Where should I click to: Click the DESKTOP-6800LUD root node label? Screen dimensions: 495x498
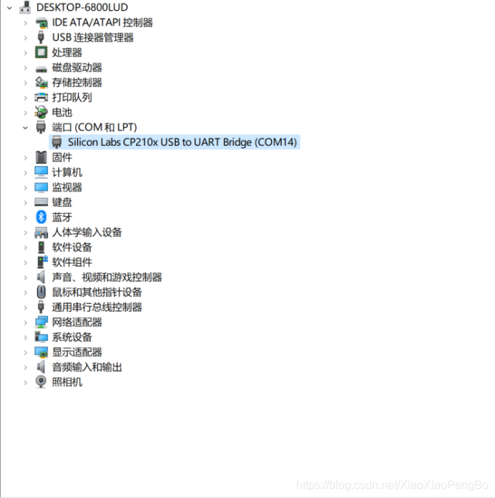[x=82, y=7]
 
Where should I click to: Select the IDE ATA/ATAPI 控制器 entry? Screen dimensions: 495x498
[x=102, y=22]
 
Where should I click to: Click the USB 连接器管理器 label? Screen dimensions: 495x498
[x=93, y=37]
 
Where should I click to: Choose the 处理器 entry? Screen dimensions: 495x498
[x=67, y=52]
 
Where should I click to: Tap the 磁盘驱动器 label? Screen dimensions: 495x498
[x=77, y=67]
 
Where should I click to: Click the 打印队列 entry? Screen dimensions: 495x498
[x=72, y=97]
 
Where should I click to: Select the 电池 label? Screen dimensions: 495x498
[x=62, y=112]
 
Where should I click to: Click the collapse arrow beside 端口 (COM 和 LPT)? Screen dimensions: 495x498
[x=25, y=127]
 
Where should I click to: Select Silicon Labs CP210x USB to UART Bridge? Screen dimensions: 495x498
[x=182, y=142]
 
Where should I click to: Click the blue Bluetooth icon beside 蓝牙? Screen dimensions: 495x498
[x=41, y=217]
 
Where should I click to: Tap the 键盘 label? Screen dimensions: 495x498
[x=62, y=202]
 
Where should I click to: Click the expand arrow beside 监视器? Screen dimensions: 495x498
[x=25, y=187]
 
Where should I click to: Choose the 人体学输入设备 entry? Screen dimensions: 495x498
[x=87, y=232]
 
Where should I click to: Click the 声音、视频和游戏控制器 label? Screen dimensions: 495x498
[x=107, y=277]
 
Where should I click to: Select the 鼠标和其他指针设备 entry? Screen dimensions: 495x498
[x=97, y=292]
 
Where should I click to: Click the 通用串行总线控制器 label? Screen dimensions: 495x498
[x=97, y=307]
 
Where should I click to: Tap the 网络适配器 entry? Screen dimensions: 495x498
[x=77, y=322]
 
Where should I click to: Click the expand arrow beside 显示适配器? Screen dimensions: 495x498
[x=25, y=352]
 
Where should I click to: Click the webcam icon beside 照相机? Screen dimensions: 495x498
[x=41, y=382]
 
